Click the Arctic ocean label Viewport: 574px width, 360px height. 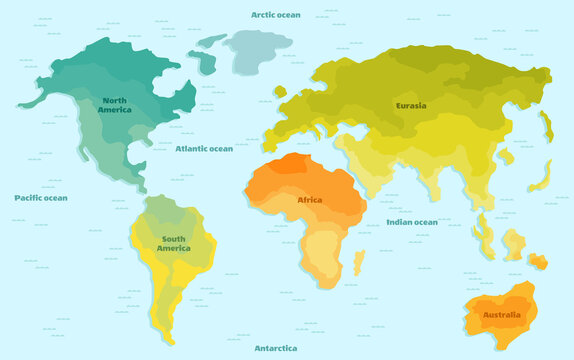click(x=275, y=15)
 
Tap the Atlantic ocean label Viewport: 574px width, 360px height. click(x=203, y=148)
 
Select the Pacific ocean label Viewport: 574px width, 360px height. click(x=40, y=198)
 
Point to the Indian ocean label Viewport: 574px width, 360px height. click(x=411, y=222)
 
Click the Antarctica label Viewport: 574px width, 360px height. click(x=275, y=348)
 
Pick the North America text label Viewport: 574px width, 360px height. click(x=115, y=104)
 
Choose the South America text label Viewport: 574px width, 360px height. click(x=173, y=243)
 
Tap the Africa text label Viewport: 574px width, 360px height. click(x=310, y=200)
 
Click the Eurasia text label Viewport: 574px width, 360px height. click(x=410, y=105)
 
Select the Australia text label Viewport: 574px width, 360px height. click(x=501, y=316)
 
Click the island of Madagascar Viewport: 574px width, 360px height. click(x=358, y=262)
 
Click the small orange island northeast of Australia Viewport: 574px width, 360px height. click(x=539, y=262)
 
